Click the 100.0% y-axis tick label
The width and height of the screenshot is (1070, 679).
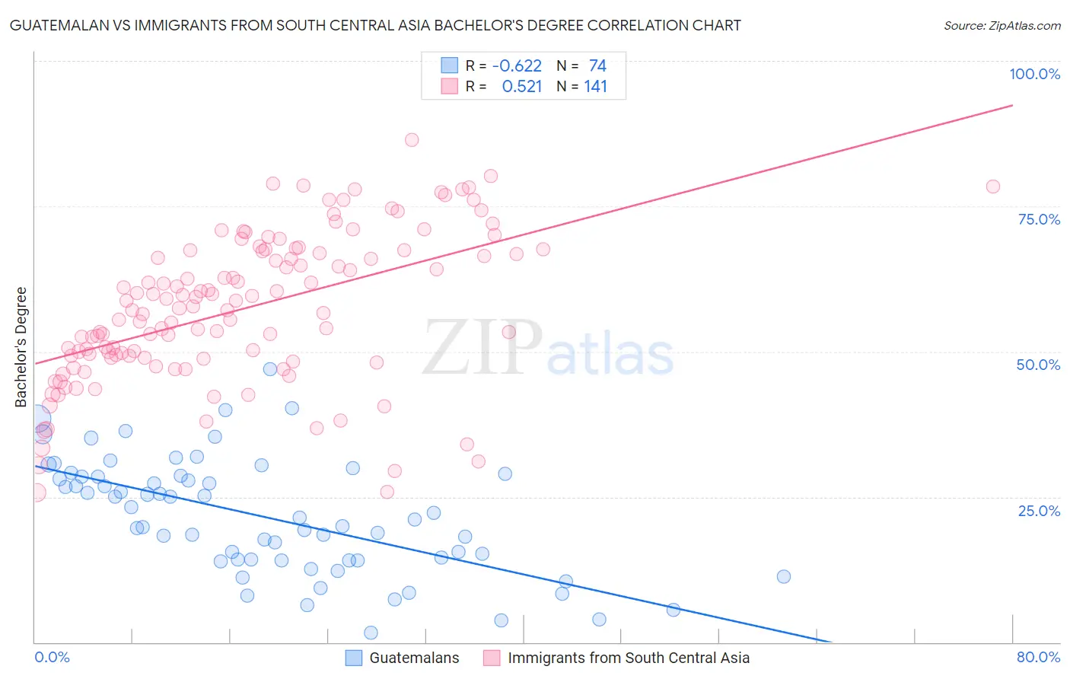(x=1034, y=74)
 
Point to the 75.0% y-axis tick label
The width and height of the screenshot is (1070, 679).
(x=1039, y=219)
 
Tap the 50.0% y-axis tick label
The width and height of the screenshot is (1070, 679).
(x=1038, y=365)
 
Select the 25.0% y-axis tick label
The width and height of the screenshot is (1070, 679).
(x=1039, y=511)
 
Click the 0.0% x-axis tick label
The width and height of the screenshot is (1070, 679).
(x=52, y=657)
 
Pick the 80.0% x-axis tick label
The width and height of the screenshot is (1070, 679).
(x=1038, y=657)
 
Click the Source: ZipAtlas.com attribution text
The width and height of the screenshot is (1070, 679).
(x=1002, y=26)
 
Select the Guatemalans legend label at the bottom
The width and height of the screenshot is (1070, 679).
(x=414, y=658)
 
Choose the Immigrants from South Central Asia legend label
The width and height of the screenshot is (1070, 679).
(x=629, y=658)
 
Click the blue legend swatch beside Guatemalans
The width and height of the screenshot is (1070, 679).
(x=354, y=658)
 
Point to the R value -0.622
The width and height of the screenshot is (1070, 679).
(x=517, y=66)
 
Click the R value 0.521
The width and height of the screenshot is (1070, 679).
(x=522, y=87)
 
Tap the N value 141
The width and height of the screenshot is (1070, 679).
(x=595, y=87)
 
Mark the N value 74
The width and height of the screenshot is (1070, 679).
(x=597, y=66)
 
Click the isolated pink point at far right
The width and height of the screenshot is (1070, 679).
(x=992, y=186)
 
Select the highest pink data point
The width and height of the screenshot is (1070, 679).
(x=412, y=139)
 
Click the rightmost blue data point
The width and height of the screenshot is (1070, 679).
(x=784, y=576)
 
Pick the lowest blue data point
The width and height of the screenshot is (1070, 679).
(x=371, y=633)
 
